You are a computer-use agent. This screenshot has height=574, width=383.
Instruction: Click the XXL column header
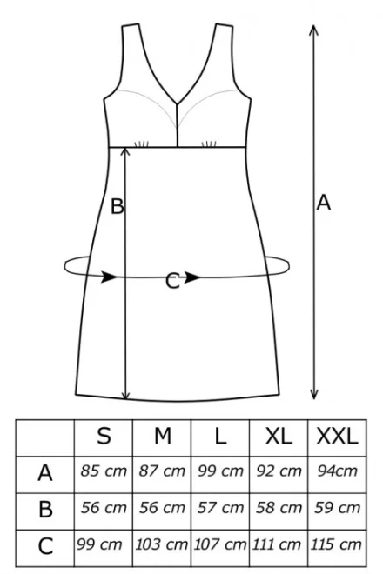[x=337, y=436]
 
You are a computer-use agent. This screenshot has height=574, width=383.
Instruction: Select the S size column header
[x=104, y=436]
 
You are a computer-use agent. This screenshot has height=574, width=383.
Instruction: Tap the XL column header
[x=279, y=436]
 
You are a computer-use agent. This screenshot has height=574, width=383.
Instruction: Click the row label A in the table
[x=45, y=472]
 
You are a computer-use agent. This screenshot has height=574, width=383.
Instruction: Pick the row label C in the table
[x=45, y=546]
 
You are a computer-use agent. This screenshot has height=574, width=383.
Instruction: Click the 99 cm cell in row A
[x=220, y=471]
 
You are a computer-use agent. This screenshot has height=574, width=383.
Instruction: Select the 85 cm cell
[x=104, y=471]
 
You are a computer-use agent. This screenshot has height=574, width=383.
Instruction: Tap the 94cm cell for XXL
[x=337, y=471]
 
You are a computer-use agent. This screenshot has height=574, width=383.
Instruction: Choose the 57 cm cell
[x=220, y=508]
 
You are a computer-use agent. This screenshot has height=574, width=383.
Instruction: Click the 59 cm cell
[x=337, y=508]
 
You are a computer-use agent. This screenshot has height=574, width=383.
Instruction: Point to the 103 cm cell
[x=162, y=544]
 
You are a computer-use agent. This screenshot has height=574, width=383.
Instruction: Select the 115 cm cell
[x=336, y=544]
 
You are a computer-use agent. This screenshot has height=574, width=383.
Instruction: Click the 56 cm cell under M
[x=162, y=508]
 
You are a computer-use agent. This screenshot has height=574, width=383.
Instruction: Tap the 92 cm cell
[x=279, y=471]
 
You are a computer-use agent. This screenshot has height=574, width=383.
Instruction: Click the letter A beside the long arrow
[x=324, y=203]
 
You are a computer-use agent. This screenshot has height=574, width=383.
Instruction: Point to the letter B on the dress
[x=118, y=206]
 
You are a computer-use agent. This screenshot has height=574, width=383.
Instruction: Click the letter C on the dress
[x=172, y=281]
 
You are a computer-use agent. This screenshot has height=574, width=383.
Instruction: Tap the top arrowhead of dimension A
[x=313, y=30]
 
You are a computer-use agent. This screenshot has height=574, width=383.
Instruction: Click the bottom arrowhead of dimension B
[x=125, y=395]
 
